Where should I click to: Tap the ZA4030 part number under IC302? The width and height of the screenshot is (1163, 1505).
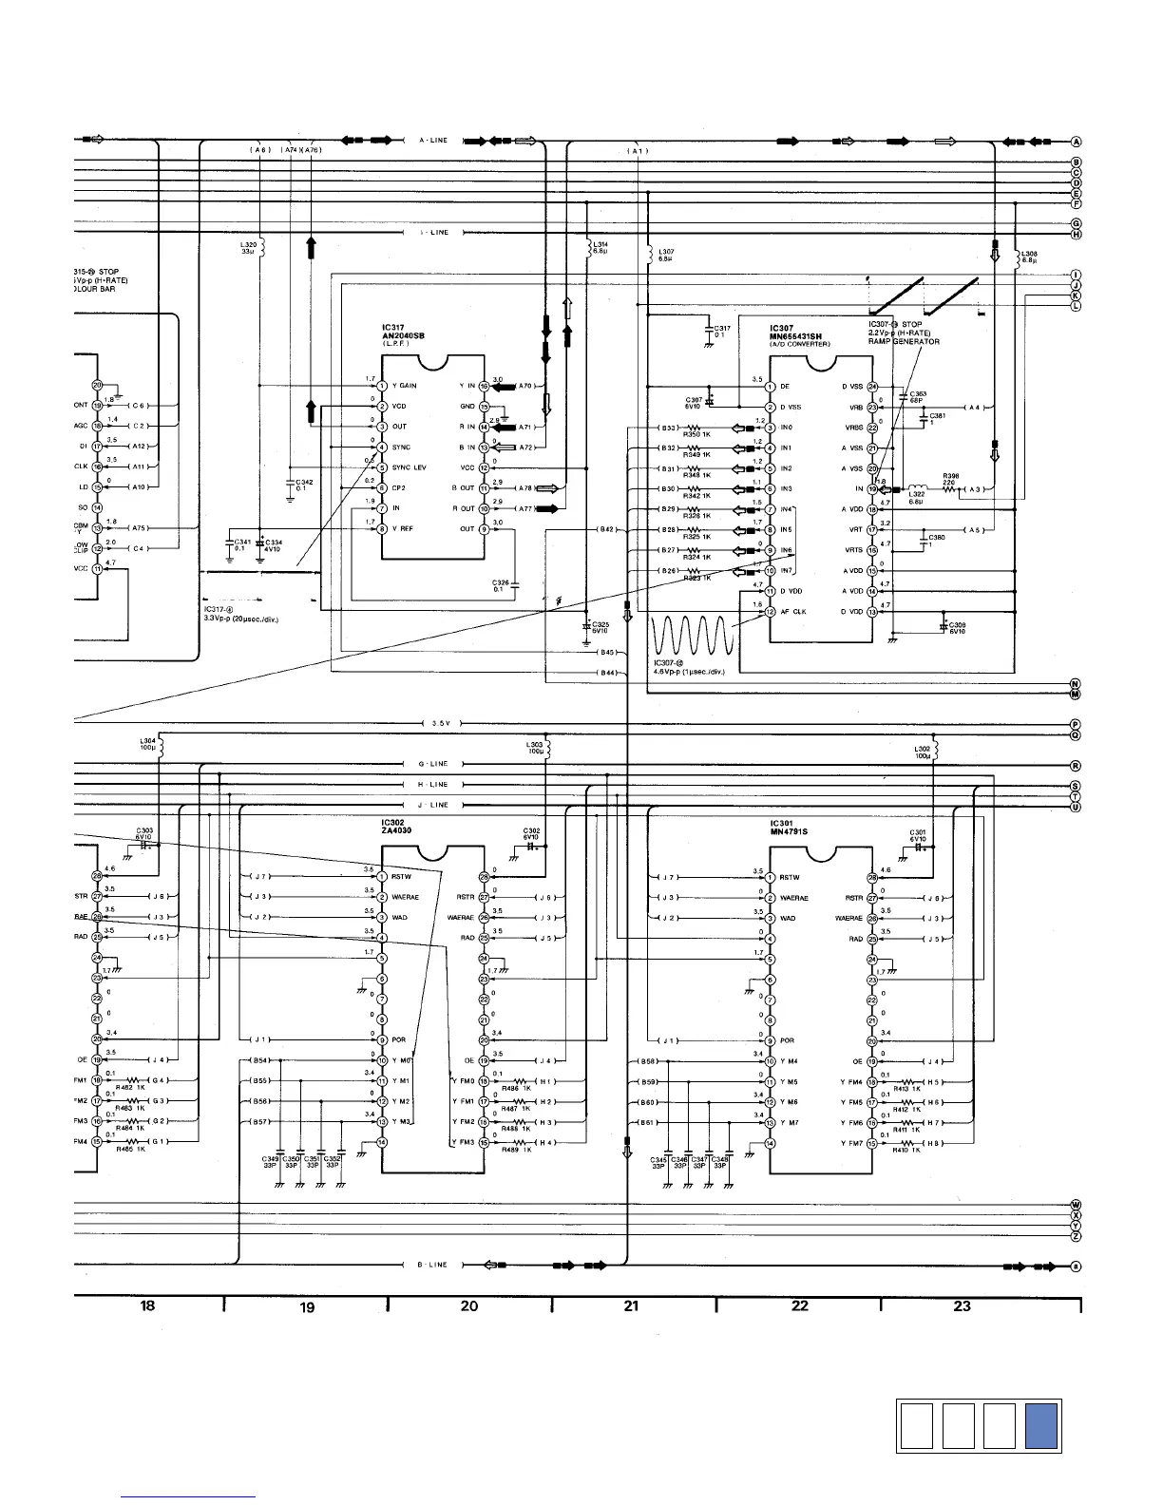coord(398,831)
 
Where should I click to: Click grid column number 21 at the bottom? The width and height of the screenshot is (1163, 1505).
coord(631,1306)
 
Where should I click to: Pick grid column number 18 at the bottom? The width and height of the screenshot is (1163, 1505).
coord(147,1306)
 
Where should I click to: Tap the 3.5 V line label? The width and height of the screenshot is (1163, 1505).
coord(439,723)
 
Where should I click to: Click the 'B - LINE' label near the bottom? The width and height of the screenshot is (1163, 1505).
coord(431,1265)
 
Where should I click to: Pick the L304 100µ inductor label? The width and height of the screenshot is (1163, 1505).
coord(148,746)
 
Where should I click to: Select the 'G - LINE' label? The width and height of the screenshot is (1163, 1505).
coord(432,764)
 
